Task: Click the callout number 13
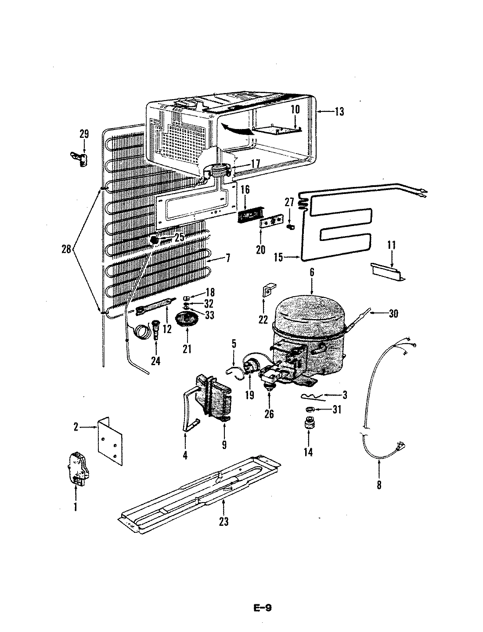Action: tap(339, 111)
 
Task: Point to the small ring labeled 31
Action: tap(309, 409)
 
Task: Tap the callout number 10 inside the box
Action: tap(294, 109)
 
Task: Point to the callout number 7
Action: tap(228, 258)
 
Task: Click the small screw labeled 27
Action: tap(290, 226)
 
